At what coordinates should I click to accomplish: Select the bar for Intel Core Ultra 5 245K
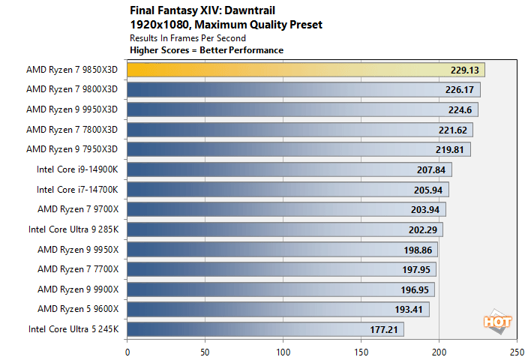tap(265, 328)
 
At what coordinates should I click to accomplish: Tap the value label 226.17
tap(458, 90)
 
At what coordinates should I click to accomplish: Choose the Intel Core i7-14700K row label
tap(77, 189)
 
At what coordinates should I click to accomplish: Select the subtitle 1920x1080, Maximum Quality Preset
tap(226, 25)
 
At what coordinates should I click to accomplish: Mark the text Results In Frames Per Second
tap(187, 37)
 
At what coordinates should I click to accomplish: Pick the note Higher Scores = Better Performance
tap(206, 50)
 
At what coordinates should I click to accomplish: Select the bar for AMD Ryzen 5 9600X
tap(277, 309)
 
